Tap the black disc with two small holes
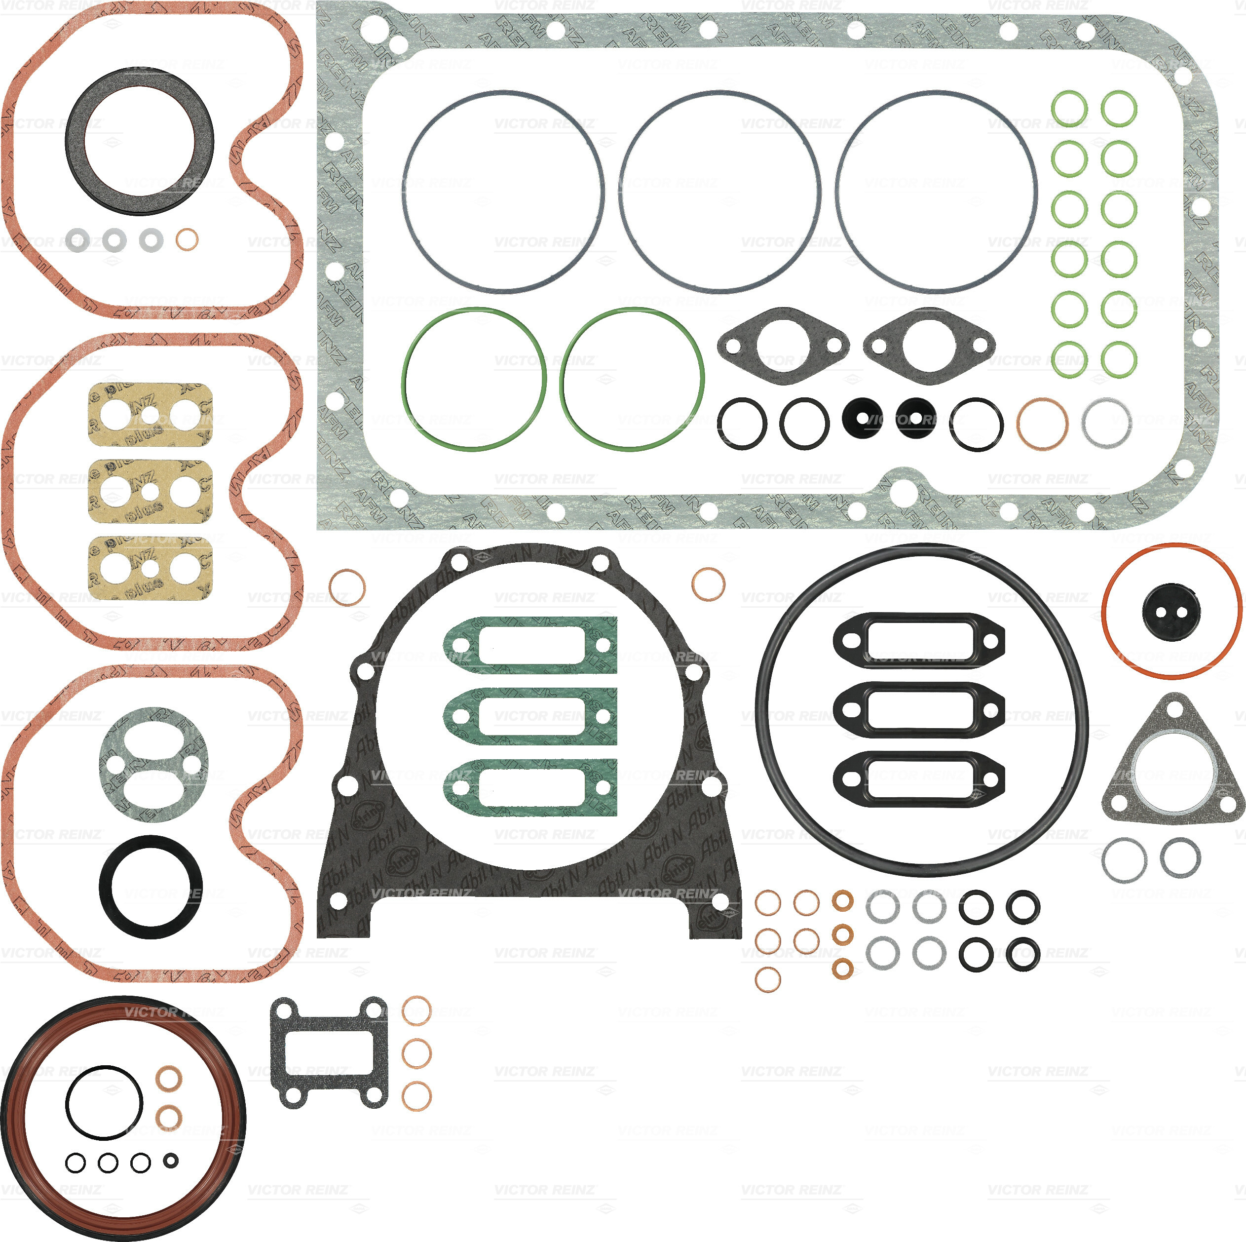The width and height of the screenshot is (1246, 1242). [1170, 612]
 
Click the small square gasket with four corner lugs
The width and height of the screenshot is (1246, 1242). [328, 1052]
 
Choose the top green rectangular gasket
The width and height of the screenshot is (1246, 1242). [530, 645]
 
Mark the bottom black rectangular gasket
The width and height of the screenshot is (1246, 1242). [918, 779]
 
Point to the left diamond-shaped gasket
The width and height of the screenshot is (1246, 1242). [783, 346]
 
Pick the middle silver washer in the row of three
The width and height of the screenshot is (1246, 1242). [114, 240]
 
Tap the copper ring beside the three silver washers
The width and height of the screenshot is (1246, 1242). [187, 239]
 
